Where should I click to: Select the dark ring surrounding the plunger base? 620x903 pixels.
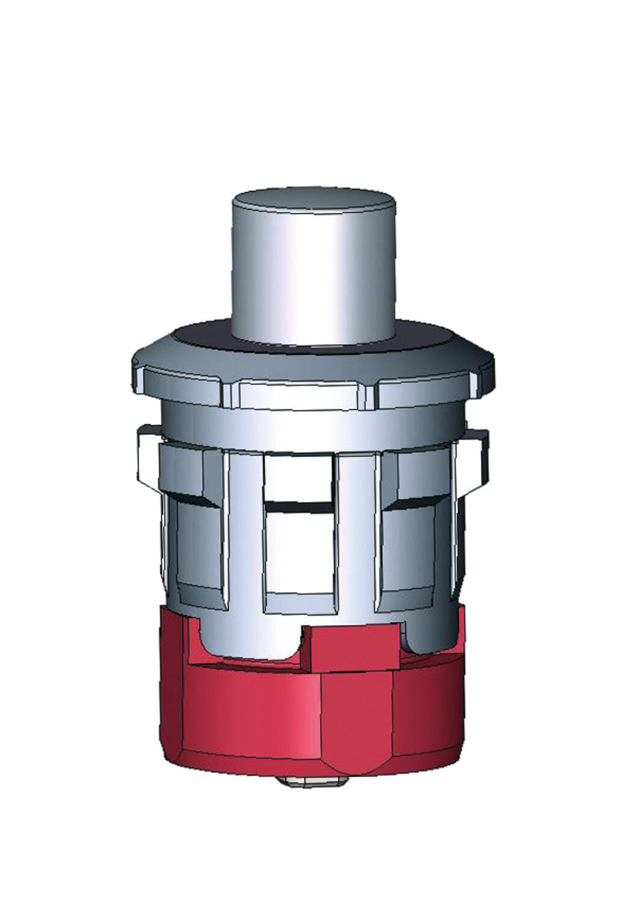[199, 335]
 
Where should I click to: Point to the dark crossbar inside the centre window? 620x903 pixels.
[299, 507]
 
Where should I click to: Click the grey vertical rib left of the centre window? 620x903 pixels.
[244, 530]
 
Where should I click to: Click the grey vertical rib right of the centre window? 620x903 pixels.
[356, 530]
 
